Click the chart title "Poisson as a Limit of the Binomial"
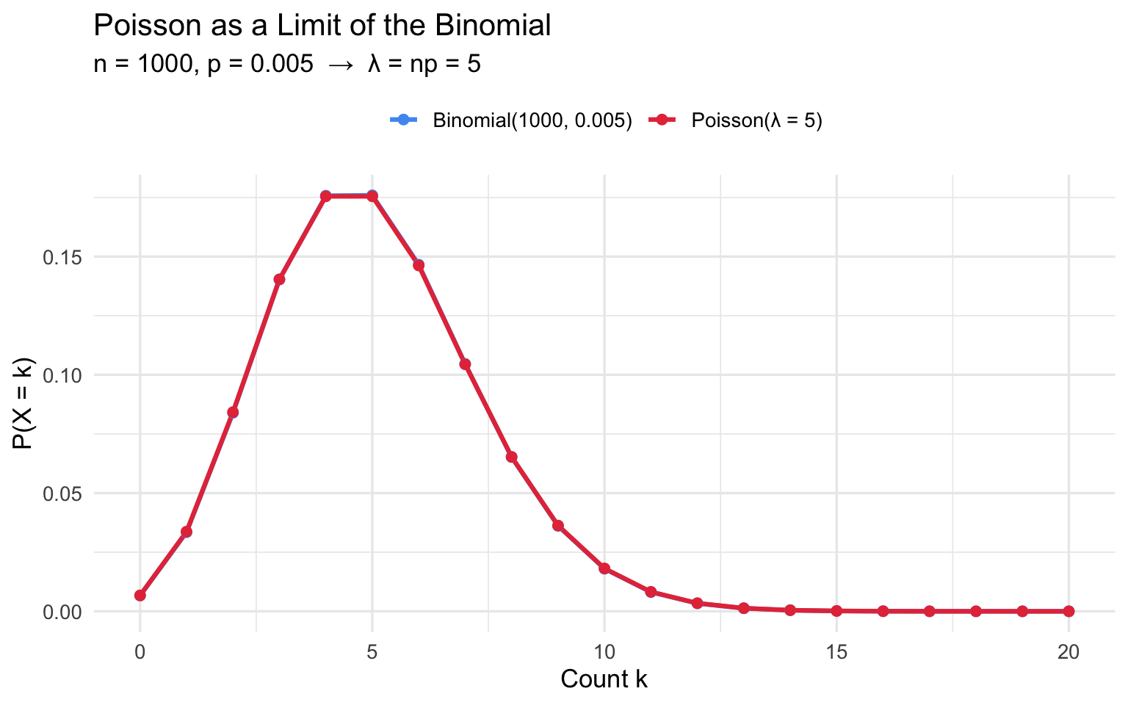click(x=322, y=26)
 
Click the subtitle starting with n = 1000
click(x=287, y=65)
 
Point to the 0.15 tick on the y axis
click(x=64, y=257)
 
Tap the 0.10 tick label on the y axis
click(x=64, y=375)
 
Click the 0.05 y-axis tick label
click(x=64, y=493)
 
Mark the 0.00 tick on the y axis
click(x=64, y=612)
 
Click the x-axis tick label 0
click(x=140, y=651)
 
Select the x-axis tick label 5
click(x=372, y=651)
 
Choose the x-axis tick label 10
click(x=604, y=651)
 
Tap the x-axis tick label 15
click(x=836, y=651)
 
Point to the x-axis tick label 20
click(x=1069, y=651)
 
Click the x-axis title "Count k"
click(x=604, y=679)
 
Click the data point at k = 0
click(x=140, y=596)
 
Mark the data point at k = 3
click(x=279, y=279)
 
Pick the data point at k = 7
click(x=465, y=364)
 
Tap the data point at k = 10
click(x=604, y=568)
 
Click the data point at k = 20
click(x=1069, y=611)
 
